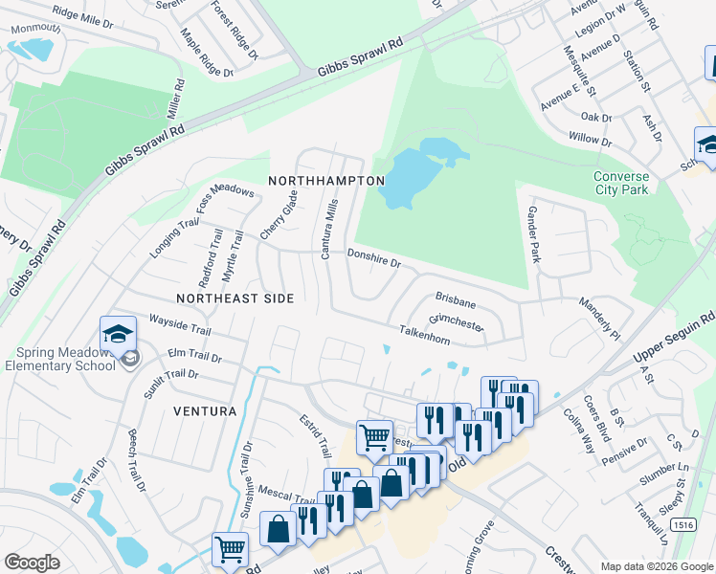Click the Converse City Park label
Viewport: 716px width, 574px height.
(x=620, y=183)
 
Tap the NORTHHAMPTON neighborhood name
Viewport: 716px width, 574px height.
(x=326, y=181)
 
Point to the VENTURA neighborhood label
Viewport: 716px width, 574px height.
(x=205, y=411)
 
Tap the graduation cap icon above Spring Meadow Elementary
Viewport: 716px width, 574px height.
(x=118, y=333)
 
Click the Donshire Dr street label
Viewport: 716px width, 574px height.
(x=372, y=259)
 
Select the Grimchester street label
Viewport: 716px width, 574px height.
(x=456, y=321)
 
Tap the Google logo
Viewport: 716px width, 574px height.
(x=32, y=562)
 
